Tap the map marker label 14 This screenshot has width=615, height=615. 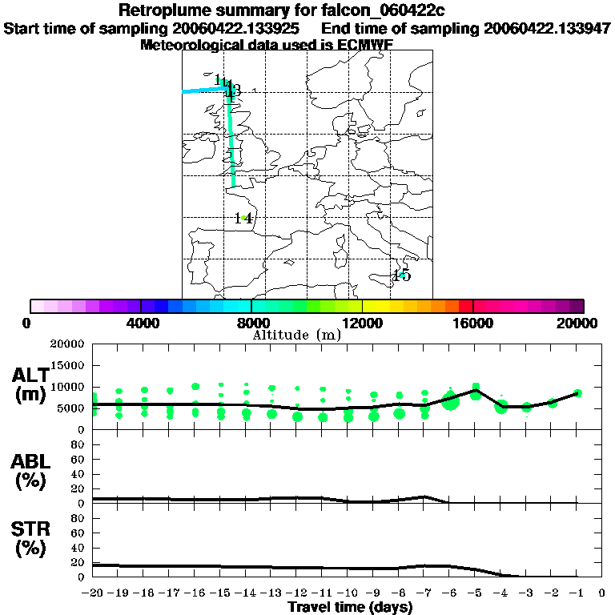point(244,218)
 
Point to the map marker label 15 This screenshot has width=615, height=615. point(401,276)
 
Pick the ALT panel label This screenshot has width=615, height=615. point(32,375)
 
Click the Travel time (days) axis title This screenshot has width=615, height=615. point(350,607)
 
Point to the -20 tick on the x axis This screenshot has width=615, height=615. point(94,593)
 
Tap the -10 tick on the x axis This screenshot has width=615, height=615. point(348,593)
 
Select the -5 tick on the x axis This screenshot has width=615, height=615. point(475,593)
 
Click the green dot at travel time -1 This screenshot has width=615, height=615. point(577,392)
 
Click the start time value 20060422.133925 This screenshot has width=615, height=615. point(238,28)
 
